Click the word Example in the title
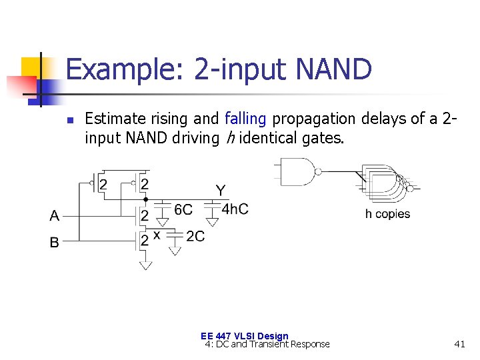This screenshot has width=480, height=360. tap(123, 69)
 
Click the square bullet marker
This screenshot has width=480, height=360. tap(69, 121)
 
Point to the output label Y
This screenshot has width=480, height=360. tap(221, 191)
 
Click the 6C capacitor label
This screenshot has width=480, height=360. tap(183, 209)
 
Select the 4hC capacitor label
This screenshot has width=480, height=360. tap(235, 209)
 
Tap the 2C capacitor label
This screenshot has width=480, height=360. tap(195, 236)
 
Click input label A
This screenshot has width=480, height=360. tap(55, 215)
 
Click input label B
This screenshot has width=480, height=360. tap(55, 242)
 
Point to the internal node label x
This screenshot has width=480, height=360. tap(157, 235)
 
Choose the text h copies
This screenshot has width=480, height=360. tap(387, 214)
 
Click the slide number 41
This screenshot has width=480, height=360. tap(459, 344)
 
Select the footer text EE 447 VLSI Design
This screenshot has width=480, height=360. tap(244, 336)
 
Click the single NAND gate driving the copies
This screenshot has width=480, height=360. tap(297, 172)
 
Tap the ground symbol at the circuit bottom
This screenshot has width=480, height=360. tap(145, 265)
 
